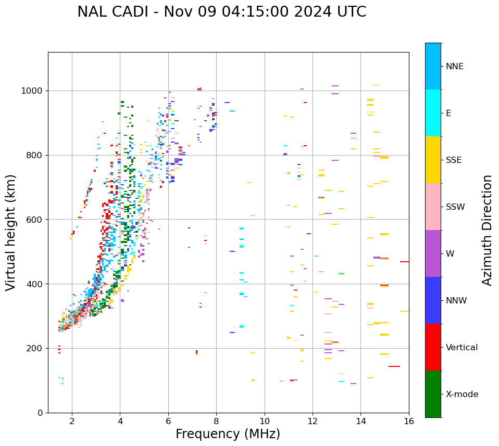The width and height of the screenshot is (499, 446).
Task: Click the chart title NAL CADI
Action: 221,12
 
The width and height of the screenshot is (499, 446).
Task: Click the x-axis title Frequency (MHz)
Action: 228,434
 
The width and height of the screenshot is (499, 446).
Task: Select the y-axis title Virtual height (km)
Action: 11,233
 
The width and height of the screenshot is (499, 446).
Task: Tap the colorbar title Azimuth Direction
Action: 487,230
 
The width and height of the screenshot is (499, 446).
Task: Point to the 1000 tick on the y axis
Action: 35,91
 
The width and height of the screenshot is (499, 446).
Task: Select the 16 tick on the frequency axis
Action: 409,421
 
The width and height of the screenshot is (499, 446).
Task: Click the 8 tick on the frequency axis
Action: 216,421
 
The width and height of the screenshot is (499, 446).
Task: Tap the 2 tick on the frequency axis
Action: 72,421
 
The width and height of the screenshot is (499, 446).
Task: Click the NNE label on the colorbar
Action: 455,67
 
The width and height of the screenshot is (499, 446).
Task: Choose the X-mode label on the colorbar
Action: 462,394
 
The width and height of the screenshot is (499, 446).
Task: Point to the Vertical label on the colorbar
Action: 462,348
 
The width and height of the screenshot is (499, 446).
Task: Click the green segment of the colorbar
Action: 433,394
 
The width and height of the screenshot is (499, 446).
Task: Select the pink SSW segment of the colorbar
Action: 433,207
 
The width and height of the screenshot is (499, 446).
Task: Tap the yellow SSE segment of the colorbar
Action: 433,160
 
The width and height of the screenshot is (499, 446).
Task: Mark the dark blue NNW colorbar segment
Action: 433,300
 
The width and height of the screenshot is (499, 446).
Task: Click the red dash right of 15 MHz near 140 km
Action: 394,366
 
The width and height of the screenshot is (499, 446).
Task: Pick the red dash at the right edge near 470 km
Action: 404,262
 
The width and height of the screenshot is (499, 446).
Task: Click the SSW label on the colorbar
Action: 455,207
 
